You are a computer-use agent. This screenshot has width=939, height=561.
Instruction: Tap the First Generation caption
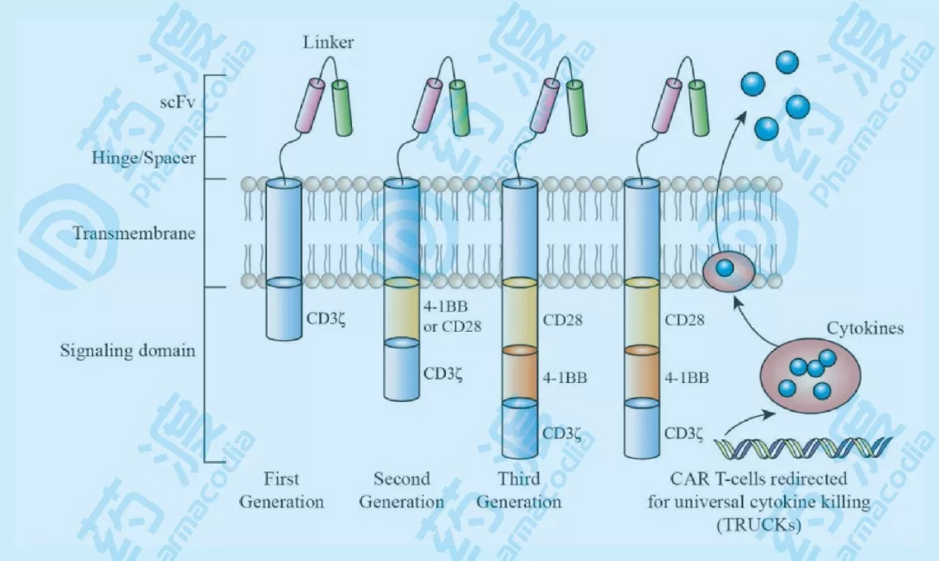pyautogui.click(x=281, y=491)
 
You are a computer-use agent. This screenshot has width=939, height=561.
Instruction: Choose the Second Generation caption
pyautogui.click(x=401, y=491)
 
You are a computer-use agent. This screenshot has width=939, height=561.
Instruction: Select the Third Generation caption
pyautogui.click(x=519, y=491)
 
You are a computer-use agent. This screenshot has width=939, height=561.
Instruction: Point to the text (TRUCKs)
pyautogui.click(x=759, y=525)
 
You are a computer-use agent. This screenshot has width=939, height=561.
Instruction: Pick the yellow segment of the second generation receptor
pyautogui.click(x=401, y=311)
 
